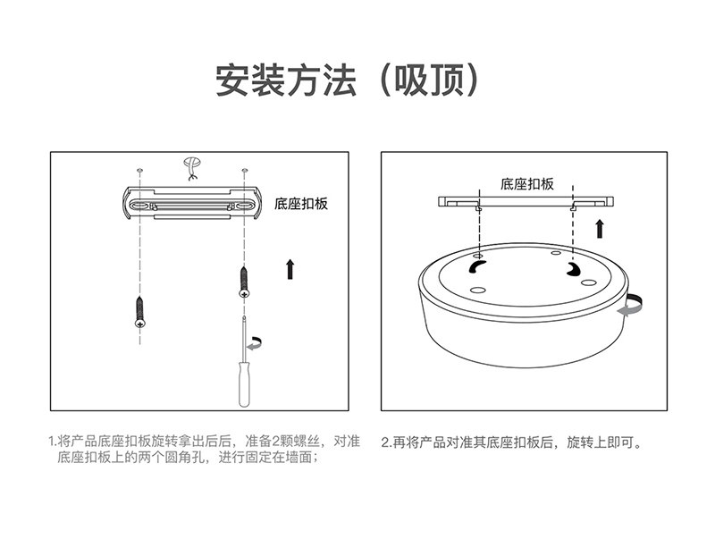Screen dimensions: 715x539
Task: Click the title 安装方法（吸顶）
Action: [x=348, y=80]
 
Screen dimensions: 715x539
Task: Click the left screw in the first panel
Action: [x=140, y=312]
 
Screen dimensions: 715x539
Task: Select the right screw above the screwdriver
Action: [x=244, y=282]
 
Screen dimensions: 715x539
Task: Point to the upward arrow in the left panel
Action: [x=290, y=269]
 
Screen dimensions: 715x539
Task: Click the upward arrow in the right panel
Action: [x=600, y=229]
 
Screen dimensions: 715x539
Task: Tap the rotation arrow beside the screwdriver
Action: [x=255, y=343]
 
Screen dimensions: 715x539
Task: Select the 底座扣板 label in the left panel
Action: [x=301, y=204]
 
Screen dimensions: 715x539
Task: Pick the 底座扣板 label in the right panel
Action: [x=526, y=184]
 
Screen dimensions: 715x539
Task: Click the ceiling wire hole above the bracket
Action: [x=192, y=167]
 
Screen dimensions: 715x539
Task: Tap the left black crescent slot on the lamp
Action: [x=476, y=266]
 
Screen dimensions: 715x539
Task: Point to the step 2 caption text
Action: [x=511, y=442]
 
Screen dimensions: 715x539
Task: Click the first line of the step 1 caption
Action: [x=205, y=442]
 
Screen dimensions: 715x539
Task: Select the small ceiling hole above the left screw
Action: [x=140, y=170]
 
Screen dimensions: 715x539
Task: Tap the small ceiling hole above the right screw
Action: [x=245, y=170]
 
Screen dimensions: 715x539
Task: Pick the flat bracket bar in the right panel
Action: [x=526, y=201]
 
